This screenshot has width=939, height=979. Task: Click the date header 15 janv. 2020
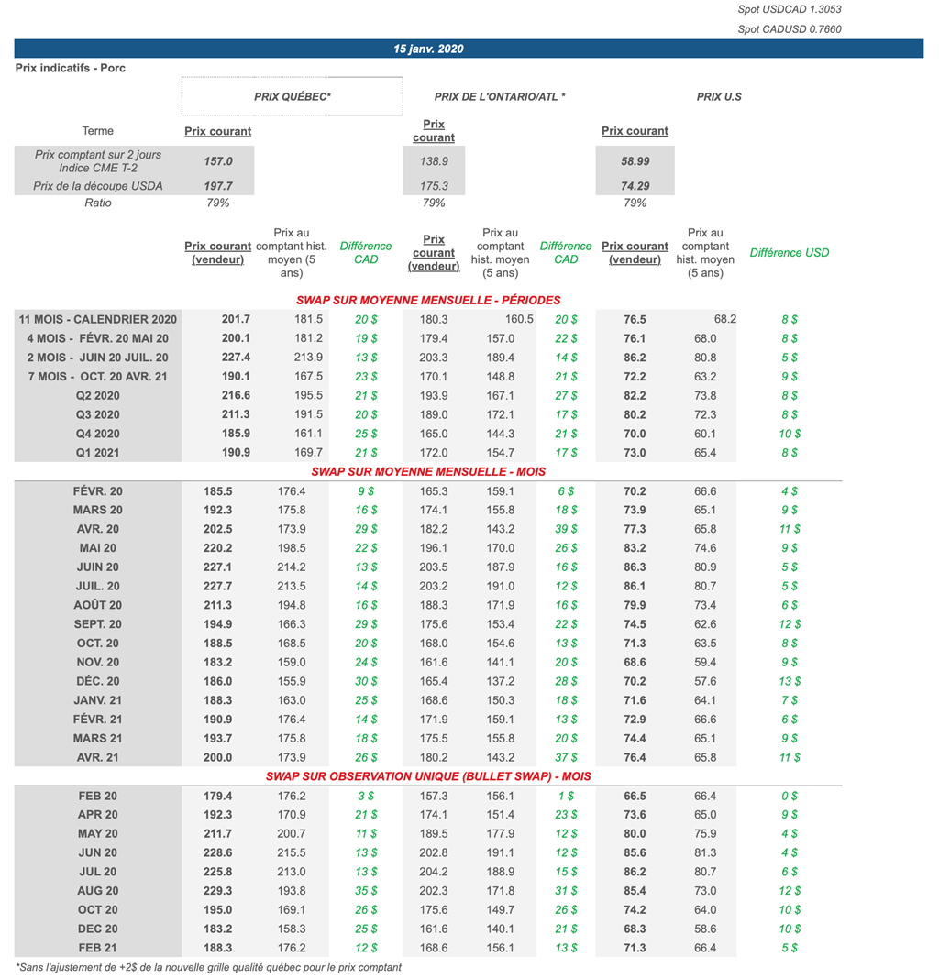coord(428,49)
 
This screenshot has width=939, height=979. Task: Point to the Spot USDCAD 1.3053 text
coord(789,9)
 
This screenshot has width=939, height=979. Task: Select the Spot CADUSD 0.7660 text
coord(789,29)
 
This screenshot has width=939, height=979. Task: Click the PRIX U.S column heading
coord(719,96)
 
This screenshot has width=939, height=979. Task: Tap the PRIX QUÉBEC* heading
coord(292,96)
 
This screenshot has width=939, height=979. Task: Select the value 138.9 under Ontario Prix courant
coord(434,160)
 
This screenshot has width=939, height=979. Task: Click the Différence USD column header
coord(789,252)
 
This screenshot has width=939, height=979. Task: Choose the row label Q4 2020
coord(98,434)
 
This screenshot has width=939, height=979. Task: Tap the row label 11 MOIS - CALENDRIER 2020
coord(98,319)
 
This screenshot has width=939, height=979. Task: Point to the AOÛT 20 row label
coord(98,605)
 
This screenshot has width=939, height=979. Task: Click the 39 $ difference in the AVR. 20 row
coord(566,529)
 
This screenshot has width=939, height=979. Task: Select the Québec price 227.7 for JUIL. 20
coord(217,586)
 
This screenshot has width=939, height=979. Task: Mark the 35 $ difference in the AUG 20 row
coord(365,891)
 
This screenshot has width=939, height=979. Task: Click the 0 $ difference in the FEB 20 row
coord(789,796)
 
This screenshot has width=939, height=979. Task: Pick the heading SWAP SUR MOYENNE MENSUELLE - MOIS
coord(428,471)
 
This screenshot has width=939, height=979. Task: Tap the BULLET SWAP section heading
coord(428,776)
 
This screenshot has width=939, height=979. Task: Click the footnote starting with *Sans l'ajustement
coord(208,967)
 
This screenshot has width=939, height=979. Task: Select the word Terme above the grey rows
coord(98,131)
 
